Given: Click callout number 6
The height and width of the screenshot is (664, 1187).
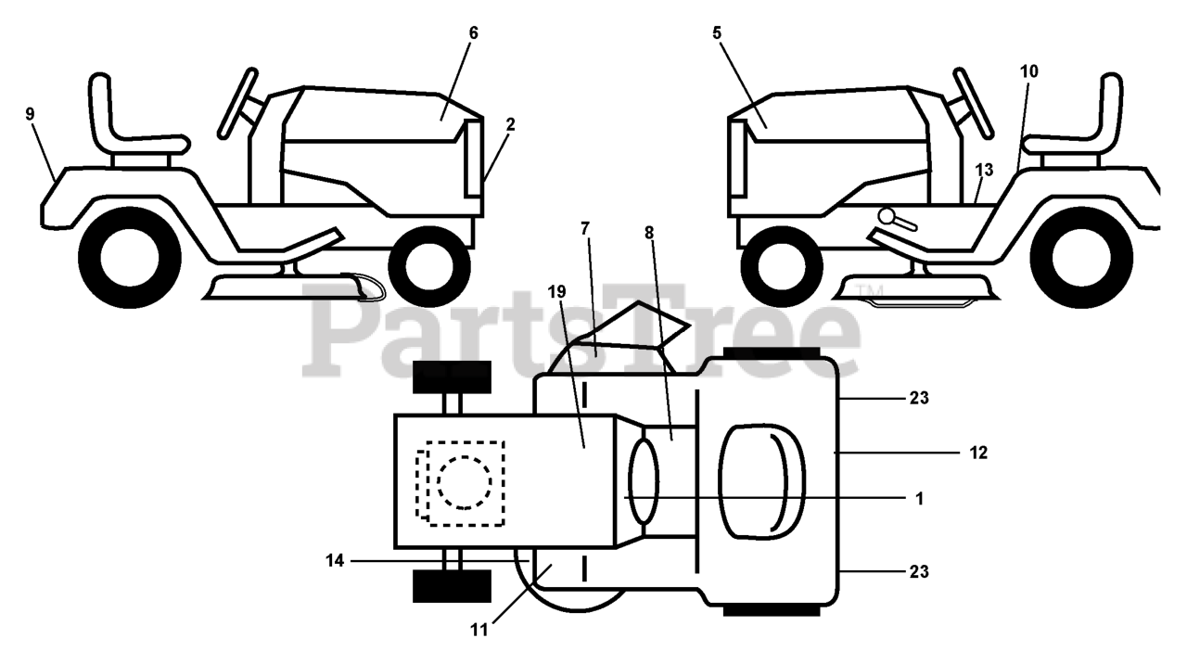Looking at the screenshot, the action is [473, 32].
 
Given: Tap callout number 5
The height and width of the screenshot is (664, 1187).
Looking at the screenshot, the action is [716, 32].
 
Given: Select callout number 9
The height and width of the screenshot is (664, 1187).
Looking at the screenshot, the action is [30, 113].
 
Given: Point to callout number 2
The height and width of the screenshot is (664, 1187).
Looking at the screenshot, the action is [511, 123].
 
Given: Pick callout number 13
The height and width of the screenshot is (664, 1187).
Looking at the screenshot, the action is [984, 170].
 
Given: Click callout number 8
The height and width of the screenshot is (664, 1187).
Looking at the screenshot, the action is [649, 233].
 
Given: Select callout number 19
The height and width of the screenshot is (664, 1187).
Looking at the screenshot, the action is [556, 292].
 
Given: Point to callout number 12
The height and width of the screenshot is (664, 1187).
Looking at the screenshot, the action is [979, 453].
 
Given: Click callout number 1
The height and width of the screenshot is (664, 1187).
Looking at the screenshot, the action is [919, 498].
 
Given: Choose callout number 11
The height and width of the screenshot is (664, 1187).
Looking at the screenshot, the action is [479, 631].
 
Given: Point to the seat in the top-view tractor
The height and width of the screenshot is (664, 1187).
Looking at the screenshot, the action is [756, 482].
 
